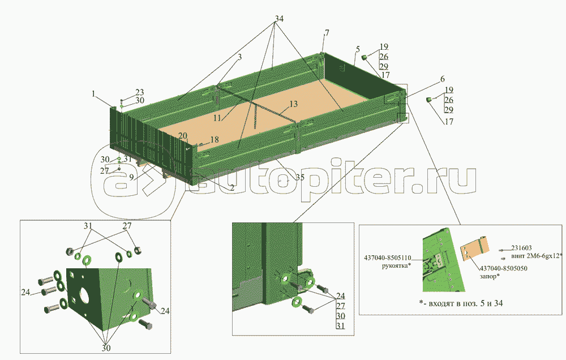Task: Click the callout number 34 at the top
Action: pos(279,19)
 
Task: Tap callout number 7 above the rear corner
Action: pos(327,33)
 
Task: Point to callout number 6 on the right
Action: pos(443,79)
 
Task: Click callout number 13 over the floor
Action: pos(293,104)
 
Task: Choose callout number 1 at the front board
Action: pos(93,94)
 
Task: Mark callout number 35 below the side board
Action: pos(301,177)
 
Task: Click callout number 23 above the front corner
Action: pos(140,92)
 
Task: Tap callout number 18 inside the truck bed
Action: pos(215,139)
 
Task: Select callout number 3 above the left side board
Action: pos(239,57)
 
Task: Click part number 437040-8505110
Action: pos(387,258)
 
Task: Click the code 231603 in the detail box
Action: pos(521,248)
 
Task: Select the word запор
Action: pos(488,276)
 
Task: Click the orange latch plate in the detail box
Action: pos(474,248)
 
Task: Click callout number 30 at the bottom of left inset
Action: pos(106,348)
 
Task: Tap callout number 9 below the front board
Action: pos(131,178)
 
